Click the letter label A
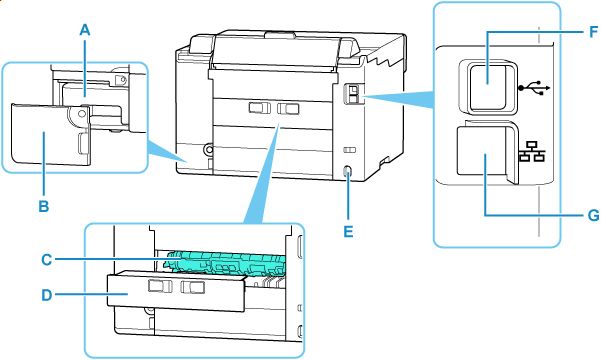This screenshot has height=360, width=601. tap(86, 30)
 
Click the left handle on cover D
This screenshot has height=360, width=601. tap(158, 288)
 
